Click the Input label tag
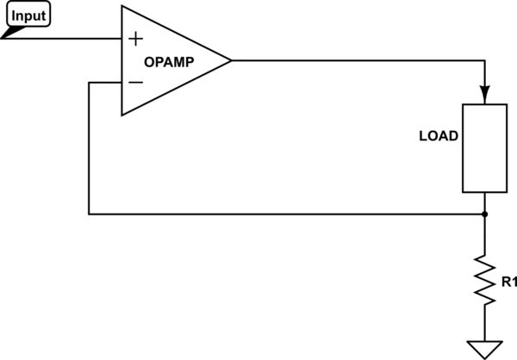click(x=28, y=16)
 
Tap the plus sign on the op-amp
click(x=134, y=39)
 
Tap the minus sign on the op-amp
click(x=134, y=82)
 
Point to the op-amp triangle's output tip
click(x=231, y=60)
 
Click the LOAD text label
click(x=438, y=136)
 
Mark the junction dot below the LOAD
click(x=485, y=214)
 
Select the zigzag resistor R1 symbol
click(x=485, y=280)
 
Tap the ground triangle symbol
click(x=485, y=350)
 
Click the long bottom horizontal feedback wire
click(x=284, y=214)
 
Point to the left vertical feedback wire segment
click(x=90, y=146)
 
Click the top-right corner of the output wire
click(x=485, y=60)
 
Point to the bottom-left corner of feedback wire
click(x=90, y=214)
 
